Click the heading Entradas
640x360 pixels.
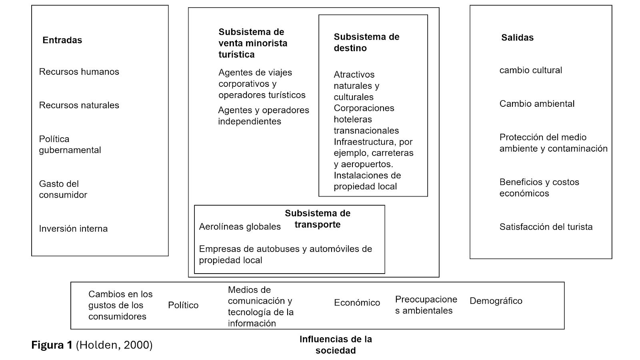tap(62, 40)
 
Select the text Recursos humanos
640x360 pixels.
tap(79, 72)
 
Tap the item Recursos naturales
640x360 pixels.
tap(79, 105)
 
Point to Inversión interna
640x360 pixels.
tap(73, 229)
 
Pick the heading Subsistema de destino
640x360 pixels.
tap(366, 42)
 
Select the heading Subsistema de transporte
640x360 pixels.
tap(318, 219)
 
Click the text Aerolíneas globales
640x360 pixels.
tap(240, 227)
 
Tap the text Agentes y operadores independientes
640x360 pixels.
tap(263, 116)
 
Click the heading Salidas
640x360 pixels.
tap(517, 38)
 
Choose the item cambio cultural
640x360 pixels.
tap(530, 70)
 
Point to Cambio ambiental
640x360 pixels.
tap(537, 104)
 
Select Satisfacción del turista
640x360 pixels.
tap(546, 227)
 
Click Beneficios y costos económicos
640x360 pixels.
tap(539, 188)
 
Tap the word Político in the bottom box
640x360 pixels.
tap(183, 306)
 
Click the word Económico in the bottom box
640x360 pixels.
tap(357, 303)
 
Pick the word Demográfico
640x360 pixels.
tap(496, 301)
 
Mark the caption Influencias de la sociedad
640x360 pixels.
tap(336, 345)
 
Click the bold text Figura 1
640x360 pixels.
tap(52, 345)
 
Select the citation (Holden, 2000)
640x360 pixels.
tap(114, 345)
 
